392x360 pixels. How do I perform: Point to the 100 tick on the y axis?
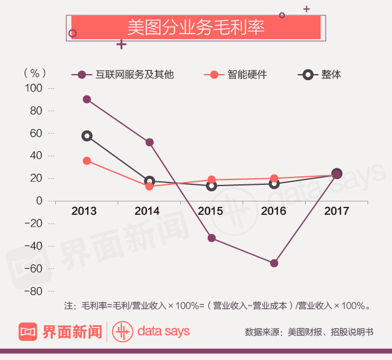click(x=34, y=88)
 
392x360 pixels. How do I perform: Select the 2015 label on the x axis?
click(x=210, y=212)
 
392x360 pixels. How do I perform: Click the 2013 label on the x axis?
click(x=84, y=212)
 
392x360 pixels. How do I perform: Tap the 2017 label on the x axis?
click(x=336, y=212)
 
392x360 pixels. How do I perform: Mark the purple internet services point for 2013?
click(x=87, y=99)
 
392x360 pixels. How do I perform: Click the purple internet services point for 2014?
click(x=149, y=142)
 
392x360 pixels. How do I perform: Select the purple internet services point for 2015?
click(x=211, y=238)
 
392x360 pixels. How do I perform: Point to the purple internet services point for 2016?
click(x=274, y=263)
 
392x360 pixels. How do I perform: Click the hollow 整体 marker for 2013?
click(x=87, y=136)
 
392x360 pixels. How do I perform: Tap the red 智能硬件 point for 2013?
click(x=87, y=161)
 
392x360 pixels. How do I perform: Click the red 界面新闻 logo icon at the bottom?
click(x=28, y=332)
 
